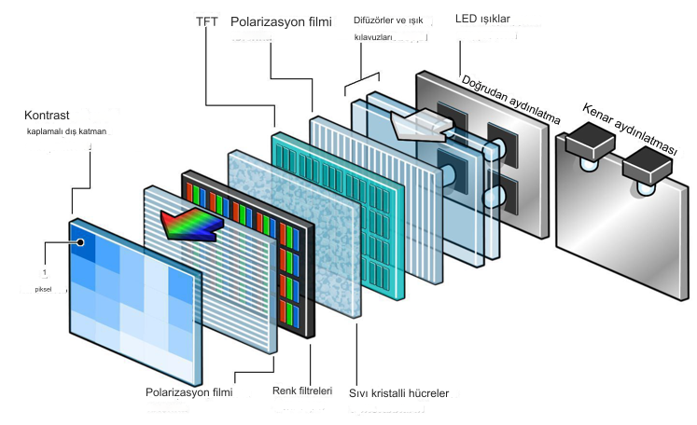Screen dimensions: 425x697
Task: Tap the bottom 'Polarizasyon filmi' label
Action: pos(189,392)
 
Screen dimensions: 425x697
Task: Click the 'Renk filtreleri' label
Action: pos(302,391)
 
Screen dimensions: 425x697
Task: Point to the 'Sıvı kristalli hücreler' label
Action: pos(399,393)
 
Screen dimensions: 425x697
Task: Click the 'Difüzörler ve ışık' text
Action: pos(393,21)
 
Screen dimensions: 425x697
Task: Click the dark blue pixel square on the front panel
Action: pos(83,244)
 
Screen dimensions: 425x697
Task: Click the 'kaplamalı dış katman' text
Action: pos(68,132)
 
